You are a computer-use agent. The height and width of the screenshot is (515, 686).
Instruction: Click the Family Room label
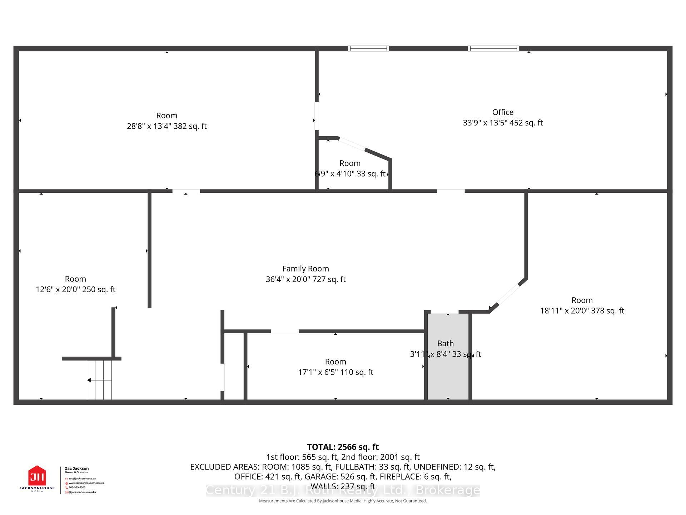[305, 269]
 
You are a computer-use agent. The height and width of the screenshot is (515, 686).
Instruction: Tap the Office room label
[503, 112]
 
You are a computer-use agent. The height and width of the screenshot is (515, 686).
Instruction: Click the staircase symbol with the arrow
[99, 380]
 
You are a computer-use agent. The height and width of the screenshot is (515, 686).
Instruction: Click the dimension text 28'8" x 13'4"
[166, 126]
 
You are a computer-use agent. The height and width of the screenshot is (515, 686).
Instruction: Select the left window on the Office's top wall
[368, 48]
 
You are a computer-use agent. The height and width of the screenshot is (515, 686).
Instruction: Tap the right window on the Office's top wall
[493, 48]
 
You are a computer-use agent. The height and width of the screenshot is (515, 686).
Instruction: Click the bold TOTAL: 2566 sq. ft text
[343, 447]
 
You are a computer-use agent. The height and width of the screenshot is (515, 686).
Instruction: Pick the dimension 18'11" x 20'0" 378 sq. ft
[582, 311]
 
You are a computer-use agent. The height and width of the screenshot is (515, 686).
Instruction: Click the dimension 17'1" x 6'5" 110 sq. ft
[335, 372]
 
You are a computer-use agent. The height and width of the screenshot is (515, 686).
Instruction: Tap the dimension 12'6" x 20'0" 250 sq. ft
[75, 290]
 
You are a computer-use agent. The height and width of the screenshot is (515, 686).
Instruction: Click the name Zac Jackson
[76, 468]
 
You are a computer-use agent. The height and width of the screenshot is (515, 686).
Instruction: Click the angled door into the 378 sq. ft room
[508, 294]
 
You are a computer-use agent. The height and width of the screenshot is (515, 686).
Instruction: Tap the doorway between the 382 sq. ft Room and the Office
[316, 116]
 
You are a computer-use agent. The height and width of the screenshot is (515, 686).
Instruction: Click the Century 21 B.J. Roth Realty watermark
[343, 490]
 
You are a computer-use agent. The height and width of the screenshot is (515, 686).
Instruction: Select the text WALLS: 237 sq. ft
[343, 486]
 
